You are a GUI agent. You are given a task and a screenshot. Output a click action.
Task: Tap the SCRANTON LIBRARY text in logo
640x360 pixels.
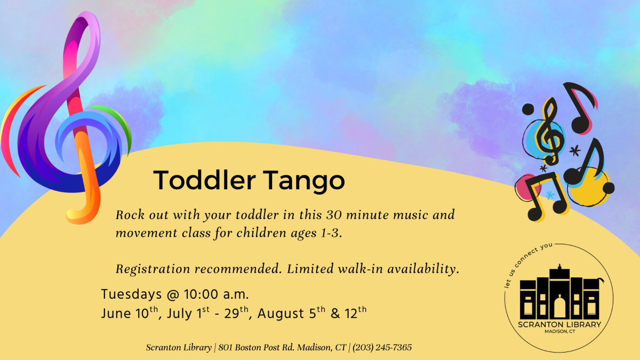(558, 325)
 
